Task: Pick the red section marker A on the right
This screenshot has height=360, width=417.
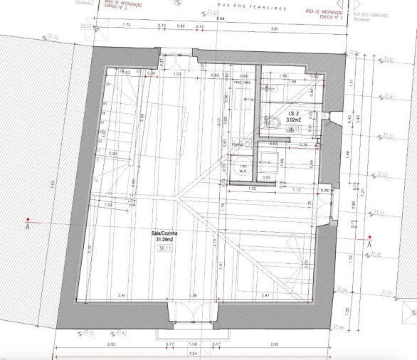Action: click(369, 238)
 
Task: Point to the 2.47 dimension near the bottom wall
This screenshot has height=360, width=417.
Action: click(265, 294)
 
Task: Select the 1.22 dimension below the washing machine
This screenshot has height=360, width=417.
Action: click(252, 189)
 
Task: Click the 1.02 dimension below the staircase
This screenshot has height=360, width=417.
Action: click(108, 206)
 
